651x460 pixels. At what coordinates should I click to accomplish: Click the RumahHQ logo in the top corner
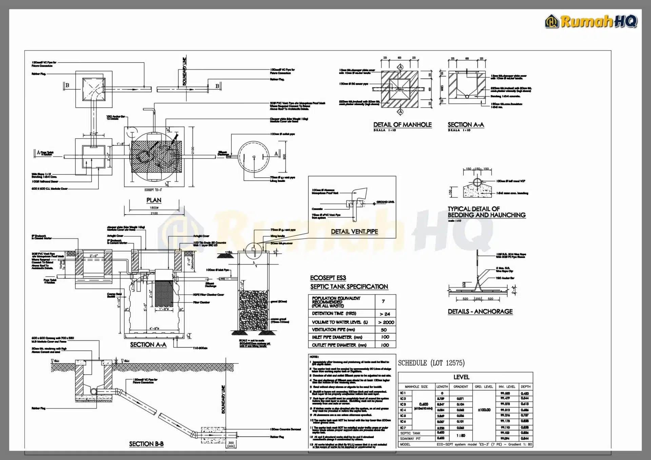click(x=591, y=21)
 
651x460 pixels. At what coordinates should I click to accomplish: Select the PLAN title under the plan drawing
click(x=154, y=200)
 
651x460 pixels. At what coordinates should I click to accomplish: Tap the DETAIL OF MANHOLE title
click(x=402, y=125)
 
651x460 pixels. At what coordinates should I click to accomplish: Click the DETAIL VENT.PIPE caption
click(x=354, y=232)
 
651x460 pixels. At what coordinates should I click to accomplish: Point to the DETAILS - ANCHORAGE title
click(x=480, y=312)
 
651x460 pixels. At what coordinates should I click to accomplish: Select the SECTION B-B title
click(x=146, y=444)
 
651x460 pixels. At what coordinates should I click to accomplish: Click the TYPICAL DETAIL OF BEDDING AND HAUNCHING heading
click(x=486, y=212)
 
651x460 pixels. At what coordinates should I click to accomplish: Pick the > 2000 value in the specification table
click(x=386, y=322)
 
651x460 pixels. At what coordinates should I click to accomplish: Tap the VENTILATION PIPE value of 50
click(x=384, y=330)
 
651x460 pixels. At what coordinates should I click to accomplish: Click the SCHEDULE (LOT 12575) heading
click(x=431, y=363)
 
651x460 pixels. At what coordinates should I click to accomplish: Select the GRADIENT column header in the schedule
click(x=460, y=386)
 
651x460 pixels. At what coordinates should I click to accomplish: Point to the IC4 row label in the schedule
click(x=403, y=410)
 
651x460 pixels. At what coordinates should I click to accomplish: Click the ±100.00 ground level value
click(x=484, y=410)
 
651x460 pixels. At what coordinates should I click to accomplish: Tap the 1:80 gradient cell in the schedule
click(x=461, y=435)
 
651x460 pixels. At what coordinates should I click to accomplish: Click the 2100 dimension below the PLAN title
click(x=154, y=213)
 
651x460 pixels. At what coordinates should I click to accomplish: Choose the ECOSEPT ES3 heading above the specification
click(x=328, y=278)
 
